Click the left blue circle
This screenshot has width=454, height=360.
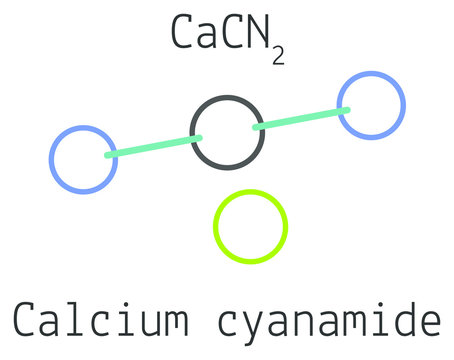tap(83, 159)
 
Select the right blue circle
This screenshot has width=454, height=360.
tap(371, 105)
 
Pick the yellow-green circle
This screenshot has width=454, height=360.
tap(250, 226)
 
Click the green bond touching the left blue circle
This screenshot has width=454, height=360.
tap(154, 147)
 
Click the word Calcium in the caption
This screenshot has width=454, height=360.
tap(100, 320)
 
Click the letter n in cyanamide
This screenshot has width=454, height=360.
tap(304, 322)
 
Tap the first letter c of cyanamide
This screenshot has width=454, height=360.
tap(229, 322)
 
